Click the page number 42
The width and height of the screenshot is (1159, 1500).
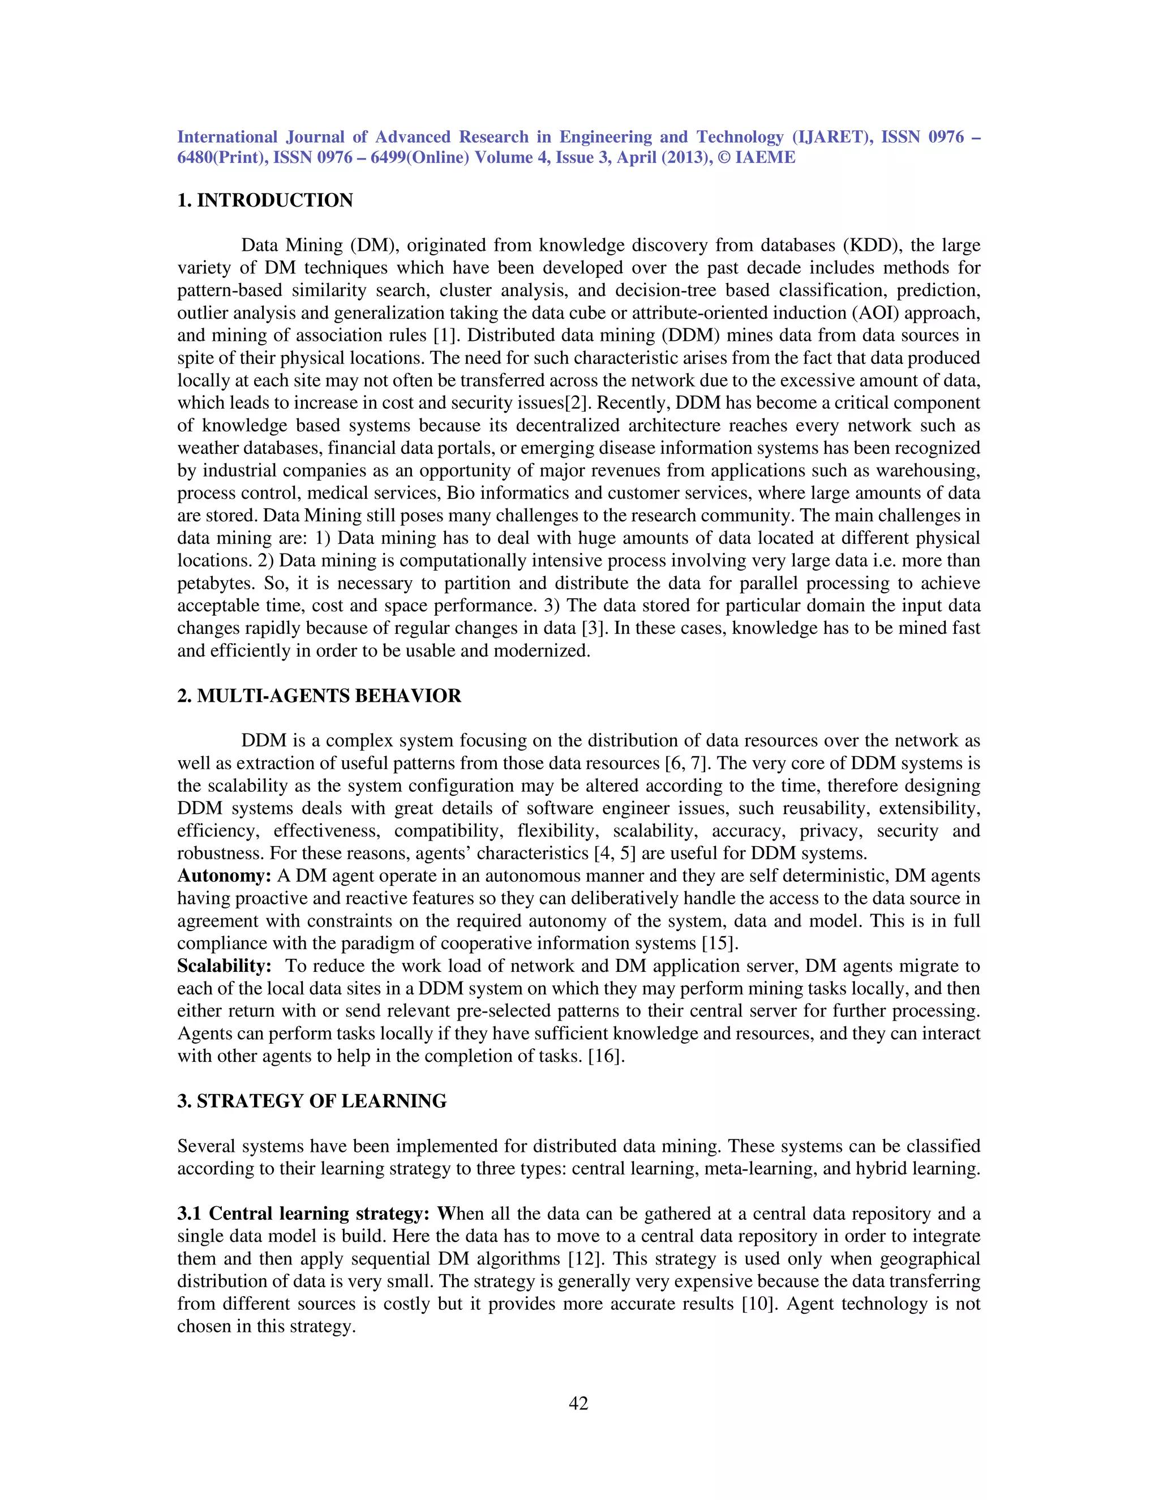tap(578, 1403)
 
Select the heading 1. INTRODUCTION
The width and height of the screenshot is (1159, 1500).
tap(265, 200)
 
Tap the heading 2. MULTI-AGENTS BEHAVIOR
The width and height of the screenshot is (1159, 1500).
tap(319, 696)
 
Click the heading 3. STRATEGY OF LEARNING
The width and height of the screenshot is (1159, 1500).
tap(312, 1101)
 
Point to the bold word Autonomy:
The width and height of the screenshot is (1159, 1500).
tap(224, 876)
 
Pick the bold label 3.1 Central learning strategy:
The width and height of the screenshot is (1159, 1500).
tap(303, 1214)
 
